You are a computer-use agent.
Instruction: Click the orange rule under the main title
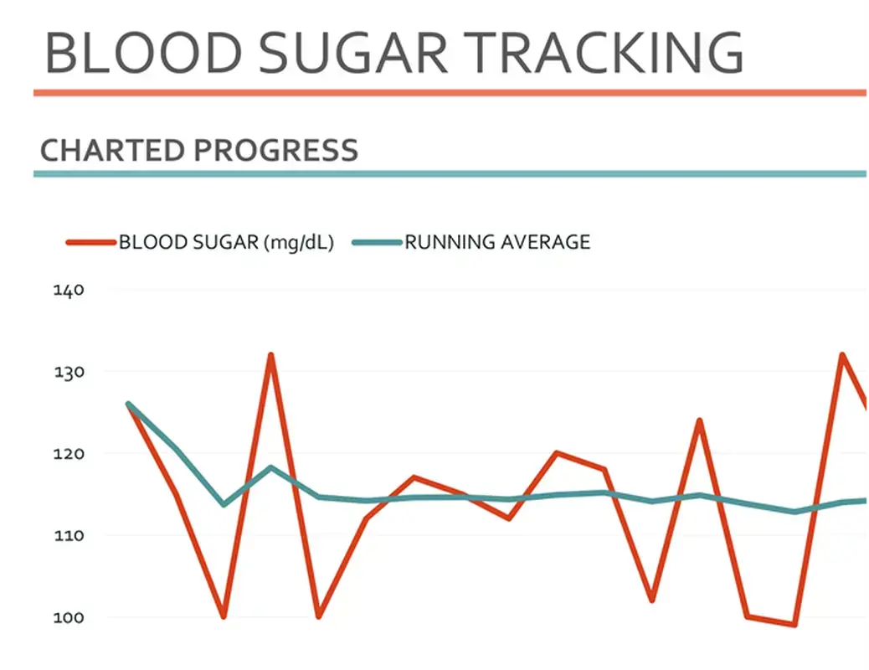pyautogui.click(x=451, y=93)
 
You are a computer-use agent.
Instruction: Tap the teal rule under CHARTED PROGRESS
pyautogui.click(x=451, y=174)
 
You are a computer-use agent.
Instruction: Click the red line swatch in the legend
pyautogui.click(x=90, y=243)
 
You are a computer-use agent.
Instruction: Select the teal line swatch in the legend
pyautogui.click(x=377, y=243)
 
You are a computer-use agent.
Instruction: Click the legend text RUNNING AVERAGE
pyautogui.click(x=497, y=243)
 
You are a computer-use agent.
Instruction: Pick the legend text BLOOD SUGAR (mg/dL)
pyautogui.click(x=226, y=243)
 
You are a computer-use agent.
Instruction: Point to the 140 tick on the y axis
pyautogui.click(x=69, y=291)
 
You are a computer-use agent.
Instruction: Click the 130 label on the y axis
pyautogui.click(x=69, y=371)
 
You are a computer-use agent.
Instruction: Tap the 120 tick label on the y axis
pyautogui.click(x=69, y=453)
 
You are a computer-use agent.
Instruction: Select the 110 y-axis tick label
pyautogui.click(x=69, y=535)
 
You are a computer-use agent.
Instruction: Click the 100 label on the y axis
pyautogui.click(x=69, y=617)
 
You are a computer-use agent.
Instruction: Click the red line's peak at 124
pyautogui.click(x=699, y=420)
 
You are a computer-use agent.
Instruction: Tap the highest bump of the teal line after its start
pyautogui.click(x=271, y=467)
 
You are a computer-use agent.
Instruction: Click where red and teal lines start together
pyautogui.click(x=128, y=404)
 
